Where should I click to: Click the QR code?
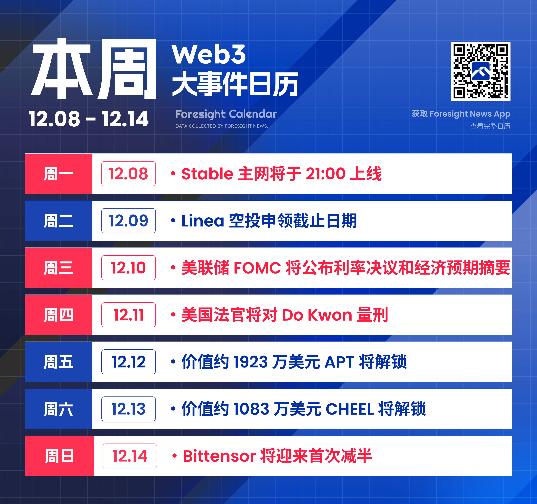click(x=480, y=71)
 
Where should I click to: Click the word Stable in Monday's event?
click(x=207, y=174)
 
